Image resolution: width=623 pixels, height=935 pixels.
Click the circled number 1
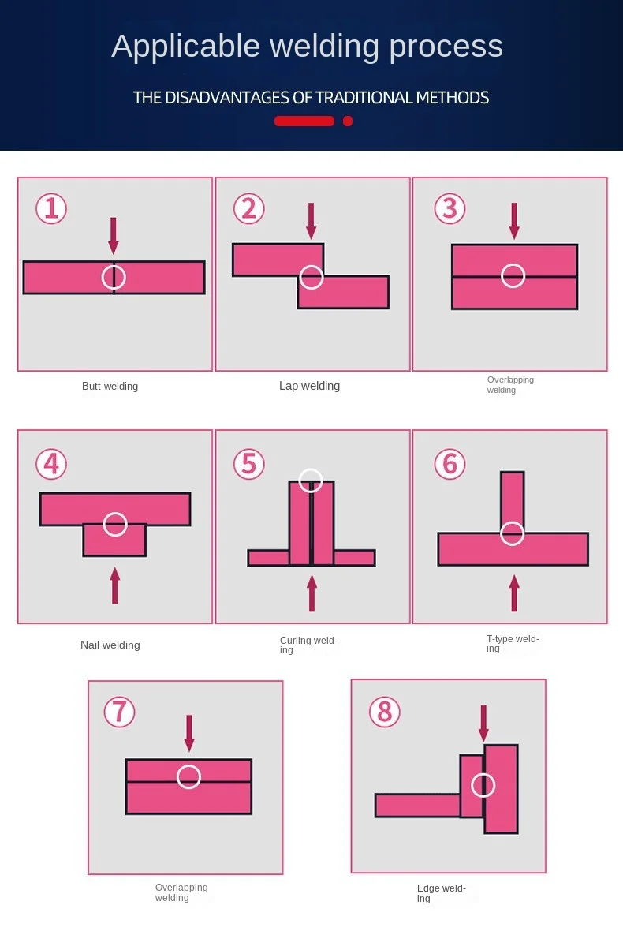click(x=51, y=208)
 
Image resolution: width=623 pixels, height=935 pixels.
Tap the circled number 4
click(x=51, y=463)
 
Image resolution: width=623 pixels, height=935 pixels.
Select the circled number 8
click(x=384, y=712)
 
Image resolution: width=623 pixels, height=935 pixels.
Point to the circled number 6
click(x=450, y=463)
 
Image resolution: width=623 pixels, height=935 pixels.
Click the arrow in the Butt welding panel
click(x=114, y=235)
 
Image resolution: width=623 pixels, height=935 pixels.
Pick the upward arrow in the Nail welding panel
click(x=115, y=585)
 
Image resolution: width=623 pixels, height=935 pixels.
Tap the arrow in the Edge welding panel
click(x=483, y=723)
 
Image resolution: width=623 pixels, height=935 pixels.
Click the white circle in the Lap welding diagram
click(x=311, y=277)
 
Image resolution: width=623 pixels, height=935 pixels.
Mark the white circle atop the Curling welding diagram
click(x=311, y=480)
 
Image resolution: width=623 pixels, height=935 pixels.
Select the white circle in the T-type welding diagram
click(x=513, y=534)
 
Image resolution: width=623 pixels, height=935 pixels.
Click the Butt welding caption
click(x=110, y=387)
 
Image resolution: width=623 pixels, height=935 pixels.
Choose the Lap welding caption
click(x=309, y=386)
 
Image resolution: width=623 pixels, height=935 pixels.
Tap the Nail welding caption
click(x=110, y=645)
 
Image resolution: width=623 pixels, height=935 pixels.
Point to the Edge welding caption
click(x=441, y=893)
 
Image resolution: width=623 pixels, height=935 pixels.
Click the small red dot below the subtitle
click(x=348, y=121)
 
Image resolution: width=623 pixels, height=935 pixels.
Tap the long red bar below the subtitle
click(x=304, y=121)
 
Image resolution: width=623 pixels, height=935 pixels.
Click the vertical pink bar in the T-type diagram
click(x=512, y=497)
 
